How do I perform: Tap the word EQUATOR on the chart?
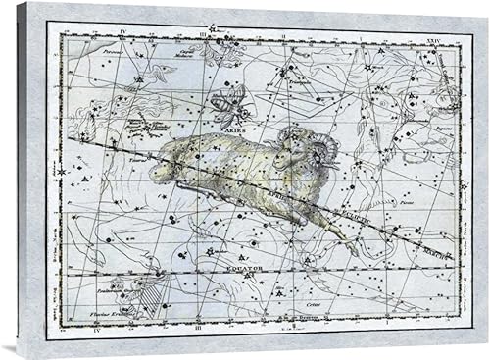(x=226, y=265)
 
